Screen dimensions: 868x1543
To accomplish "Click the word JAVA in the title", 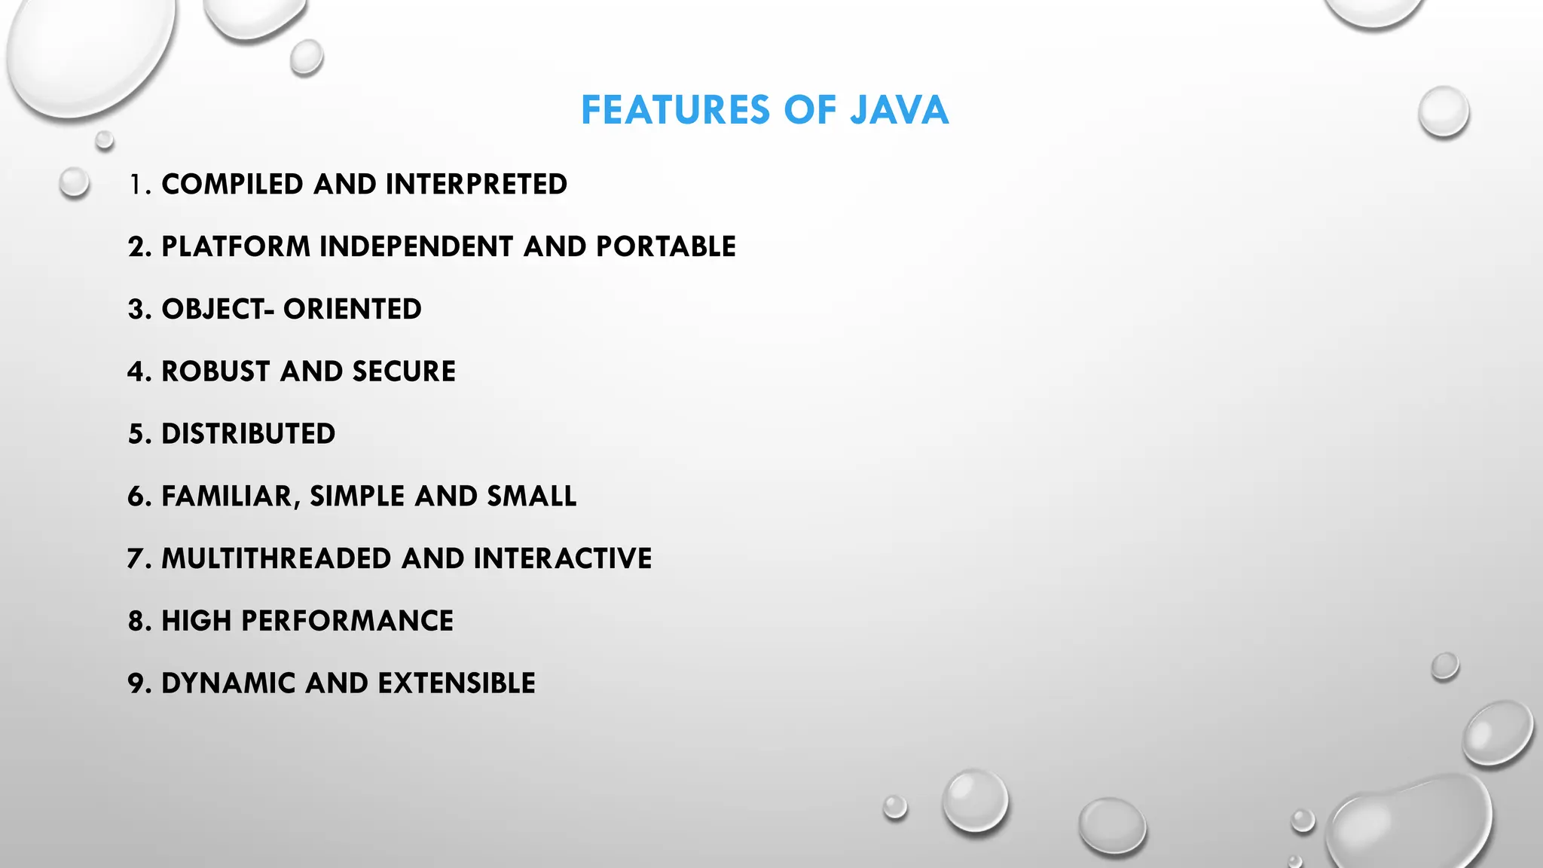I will click(899, 110).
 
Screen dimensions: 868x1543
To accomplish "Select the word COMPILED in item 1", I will click(232, 185).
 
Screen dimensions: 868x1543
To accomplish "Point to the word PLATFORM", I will click(236, 247).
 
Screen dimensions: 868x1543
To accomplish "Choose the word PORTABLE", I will click(665, 247).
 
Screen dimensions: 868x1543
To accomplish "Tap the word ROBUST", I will click(215, 372).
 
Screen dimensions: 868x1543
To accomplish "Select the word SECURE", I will click(403, 372).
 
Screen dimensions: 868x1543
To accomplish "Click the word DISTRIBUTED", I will click(248, 435).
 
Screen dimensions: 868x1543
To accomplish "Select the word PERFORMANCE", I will click(347, 622).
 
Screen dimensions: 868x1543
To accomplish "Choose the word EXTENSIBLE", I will click(456, 684).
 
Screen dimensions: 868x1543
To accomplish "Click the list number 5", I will click(136, 435).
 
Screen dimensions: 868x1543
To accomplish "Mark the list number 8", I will click(136, 622).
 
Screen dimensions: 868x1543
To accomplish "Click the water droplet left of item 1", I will click(74, 183).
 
